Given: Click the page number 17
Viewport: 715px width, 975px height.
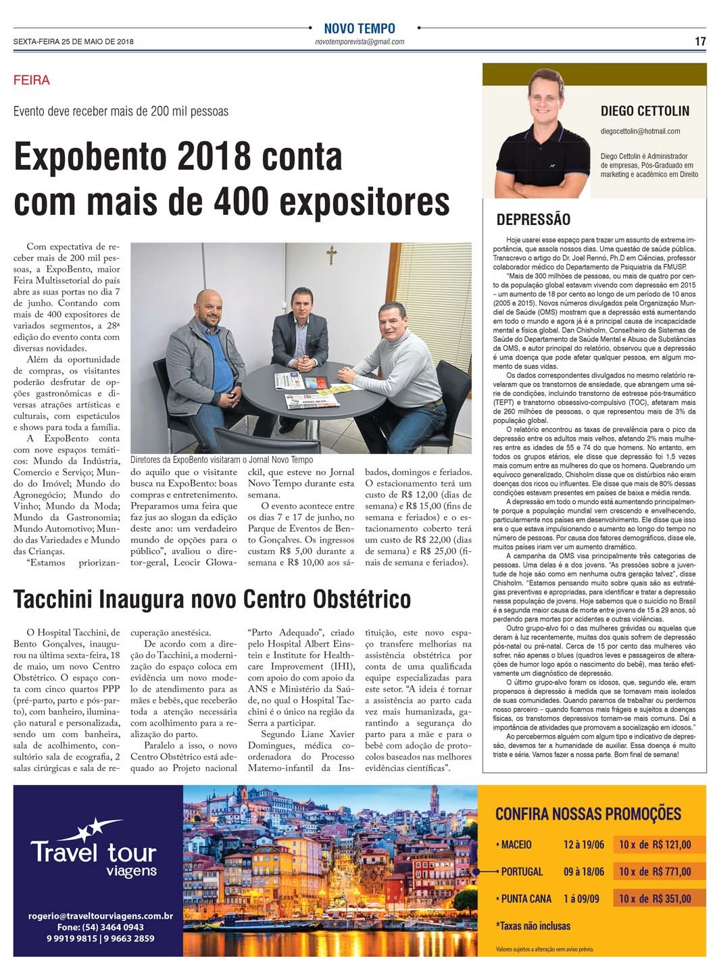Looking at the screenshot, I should (700, 41).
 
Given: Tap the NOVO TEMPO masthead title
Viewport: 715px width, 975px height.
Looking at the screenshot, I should (359, 28).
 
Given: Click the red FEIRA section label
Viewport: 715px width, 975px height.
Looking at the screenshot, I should (32, 80).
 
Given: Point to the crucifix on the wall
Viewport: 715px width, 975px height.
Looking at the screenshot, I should (331, 255).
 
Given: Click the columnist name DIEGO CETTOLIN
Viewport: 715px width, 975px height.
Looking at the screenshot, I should (645, 111).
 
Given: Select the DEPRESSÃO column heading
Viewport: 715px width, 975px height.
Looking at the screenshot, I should (533, 220).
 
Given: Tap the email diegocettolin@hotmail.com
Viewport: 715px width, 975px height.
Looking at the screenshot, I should (640, 131).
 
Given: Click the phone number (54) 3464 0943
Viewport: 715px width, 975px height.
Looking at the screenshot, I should (100, 928).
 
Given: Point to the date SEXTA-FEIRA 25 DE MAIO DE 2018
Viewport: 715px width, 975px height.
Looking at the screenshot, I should (74, 42).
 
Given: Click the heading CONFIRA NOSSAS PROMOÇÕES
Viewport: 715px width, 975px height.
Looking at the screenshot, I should (588, 814).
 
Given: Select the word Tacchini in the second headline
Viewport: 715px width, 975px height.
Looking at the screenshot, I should (54, 599).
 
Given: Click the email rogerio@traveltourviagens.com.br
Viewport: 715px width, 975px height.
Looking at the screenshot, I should (100, 917).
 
